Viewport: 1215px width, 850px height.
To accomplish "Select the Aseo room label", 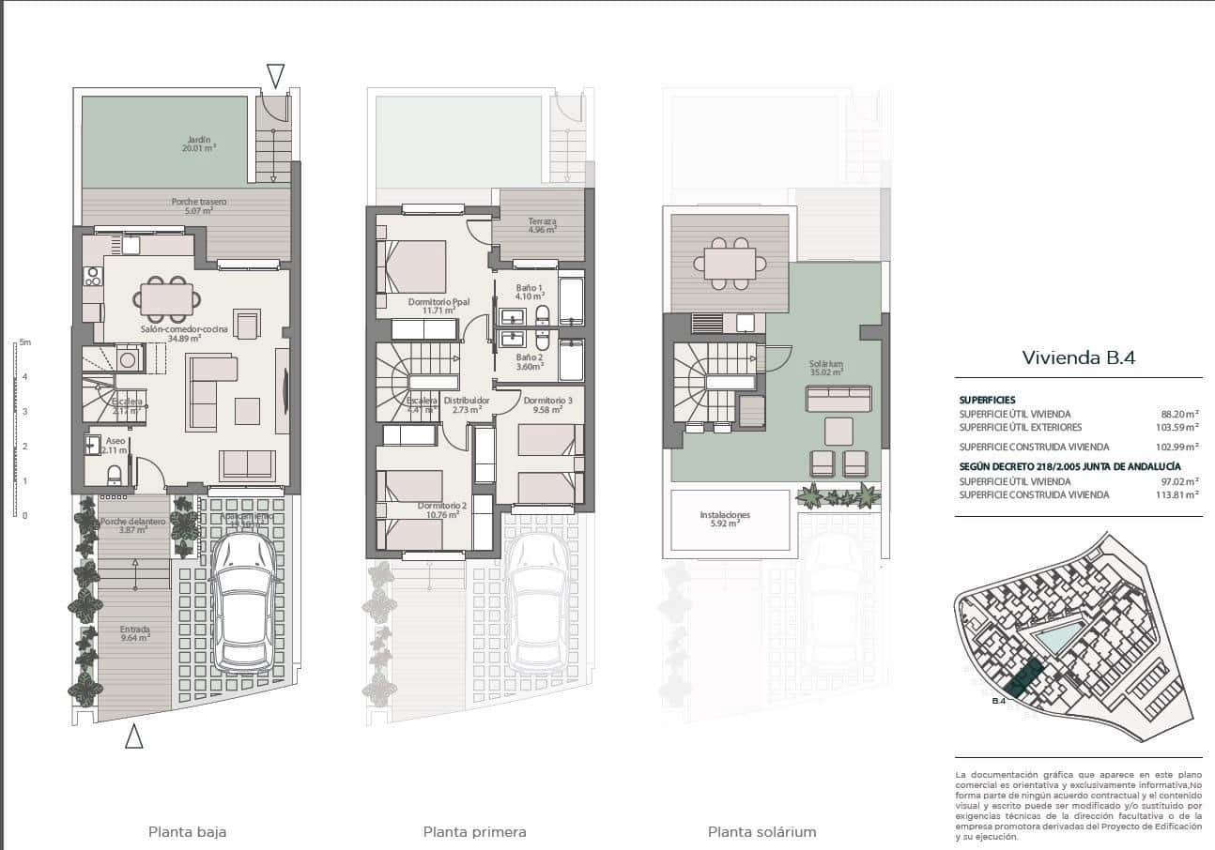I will (x=115, y=445).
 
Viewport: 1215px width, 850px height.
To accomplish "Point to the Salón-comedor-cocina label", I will (x=171, y=333).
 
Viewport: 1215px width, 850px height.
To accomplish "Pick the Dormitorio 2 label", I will (x=441, y=510).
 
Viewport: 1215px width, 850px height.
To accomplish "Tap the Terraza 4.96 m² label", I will (x=542, y=226).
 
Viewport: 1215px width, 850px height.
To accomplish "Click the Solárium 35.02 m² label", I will (x=826, y=367).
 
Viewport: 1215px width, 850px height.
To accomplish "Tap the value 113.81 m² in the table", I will (x=1179, y=494).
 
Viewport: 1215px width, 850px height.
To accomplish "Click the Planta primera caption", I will (x=474, y=831).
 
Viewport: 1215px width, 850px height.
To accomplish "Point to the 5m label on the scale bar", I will (x=24, y=343).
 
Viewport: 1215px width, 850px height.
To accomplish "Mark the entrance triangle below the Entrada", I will (x=134, y=737).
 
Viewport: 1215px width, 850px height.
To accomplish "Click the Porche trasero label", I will (x=198, y=206).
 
